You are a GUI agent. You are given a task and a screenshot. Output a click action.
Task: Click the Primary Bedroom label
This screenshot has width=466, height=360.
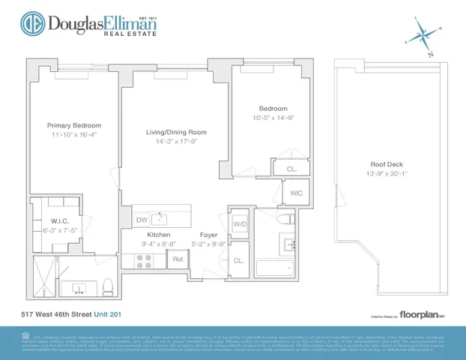74,125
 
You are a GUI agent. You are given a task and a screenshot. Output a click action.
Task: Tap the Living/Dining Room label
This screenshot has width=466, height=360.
176,132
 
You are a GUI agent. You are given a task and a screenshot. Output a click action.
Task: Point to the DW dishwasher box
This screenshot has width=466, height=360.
142,220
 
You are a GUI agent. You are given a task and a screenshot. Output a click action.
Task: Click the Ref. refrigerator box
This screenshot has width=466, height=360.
179,259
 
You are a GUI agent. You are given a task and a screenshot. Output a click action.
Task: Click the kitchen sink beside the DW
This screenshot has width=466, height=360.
159,219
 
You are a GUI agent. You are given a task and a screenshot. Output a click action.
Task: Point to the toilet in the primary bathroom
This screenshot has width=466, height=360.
107,285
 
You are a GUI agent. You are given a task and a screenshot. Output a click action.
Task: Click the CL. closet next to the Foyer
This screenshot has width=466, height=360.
238,260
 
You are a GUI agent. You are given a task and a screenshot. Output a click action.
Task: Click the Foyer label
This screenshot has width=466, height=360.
208,235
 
